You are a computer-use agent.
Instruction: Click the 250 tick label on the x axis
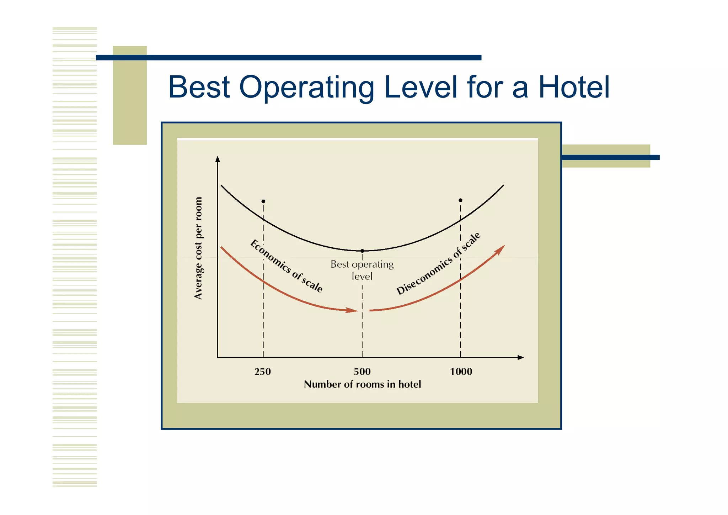pyautogui.click(x=263, y=372)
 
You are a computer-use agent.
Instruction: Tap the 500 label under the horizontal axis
pyautogui.click(x=362, y=372)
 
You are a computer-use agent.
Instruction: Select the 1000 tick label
pyautogui.click(x=461, y=372)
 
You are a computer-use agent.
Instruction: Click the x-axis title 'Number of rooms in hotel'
pyautogui.click(x=362, y=384)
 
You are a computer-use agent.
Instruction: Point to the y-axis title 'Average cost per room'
pyautogui.click(x=198, y=248)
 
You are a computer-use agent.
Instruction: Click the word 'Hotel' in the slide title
pyautogui.click(x=574, y=87)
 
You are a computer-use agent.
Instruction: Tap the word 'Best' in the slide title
pyautogui.click(x=199, y=87)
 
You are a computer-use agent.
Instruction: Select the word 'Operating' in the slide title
pyautogui.click(x=307, y=88)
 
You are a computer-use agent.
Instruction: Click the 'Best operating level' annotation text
pyautogui.click(x=362, y=270)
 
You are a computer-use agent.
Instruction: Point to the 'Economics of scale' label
pyautogui.click(x=287, y=266)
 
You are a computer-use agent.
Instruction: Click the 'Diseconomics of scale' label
pyautogui.click(x=438, y=264)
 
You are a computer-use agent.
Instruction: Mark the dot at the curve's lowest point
pyautogui.click(x=362, y=251)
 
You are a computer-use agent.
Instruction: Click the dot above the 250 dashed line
pyautogui.click(x=263, y=201)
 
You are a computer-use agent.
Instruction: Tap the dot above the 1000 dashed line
pyautogui.click(x=460, y=200)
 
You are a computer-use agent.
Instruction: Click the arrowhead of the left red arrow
pyautogui.click(x=353, y=310)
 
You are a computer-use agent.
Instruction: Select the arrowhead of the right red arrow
pyautogui.click(x=500, y=249)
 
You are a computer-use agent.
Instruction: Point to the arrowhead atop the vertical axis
pyautogui.click(x=218, y=159)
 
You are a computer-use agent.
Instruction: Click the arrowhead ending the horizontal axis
pyautogui.click(x=521, y=357)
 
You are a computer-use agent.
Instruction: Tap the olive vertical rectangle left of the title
pyautogui.click(x=130, y=95)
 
